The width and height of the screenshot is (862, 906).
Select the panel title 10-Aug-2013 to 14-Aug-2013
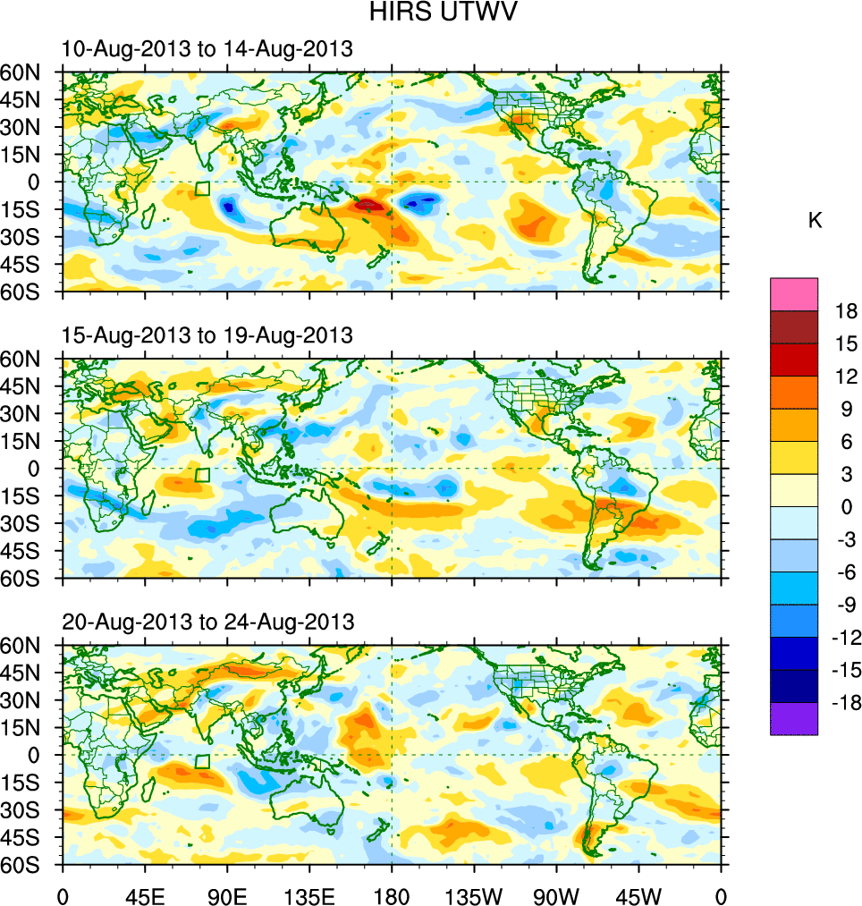[207, 49]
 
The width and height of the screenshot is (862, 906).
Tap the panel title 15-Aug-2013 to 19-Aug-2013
[207, 335]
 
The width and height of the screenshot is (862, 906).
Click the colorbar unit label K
[815, 221]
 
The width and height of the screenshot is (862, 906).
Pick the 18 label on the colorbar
[846, 311]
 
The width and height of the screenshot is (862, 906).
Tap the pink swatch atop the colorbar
[794, 293]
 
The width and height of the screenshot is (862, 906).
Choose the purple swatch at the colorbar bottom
[794, 718]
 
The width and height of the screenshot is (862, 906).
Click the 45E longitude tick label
[145, 894]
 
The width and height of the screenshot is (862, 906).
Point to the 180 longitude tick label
[392, 894]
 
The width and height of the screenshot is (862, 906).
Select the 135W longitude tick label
[474, 894]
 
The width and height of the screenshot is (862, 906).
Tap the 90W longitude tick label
[556, 894]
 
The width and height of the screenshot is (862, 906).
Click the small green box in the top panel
[202, 189]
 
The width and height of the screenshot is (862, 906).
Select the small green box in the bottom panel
[202, 761]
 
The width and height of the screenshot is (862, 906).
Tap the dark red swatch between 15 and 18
[794, 326]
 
